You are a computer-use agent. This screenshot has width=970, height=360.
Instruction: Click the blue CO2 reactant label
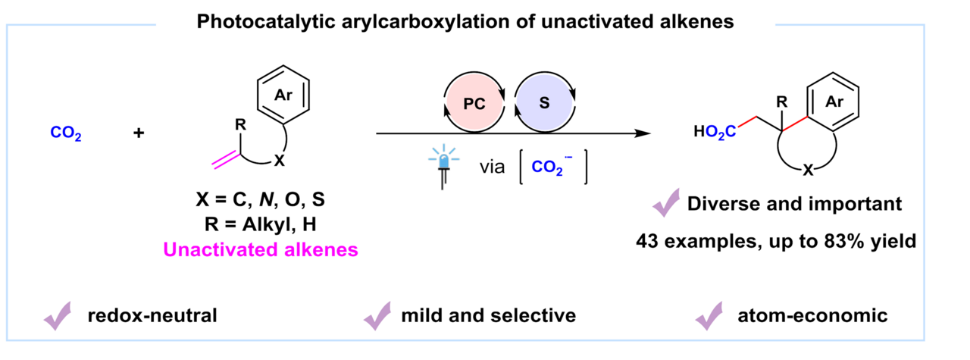66,133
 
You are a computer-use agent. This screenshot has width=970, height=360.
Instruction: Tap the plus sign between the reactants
139,133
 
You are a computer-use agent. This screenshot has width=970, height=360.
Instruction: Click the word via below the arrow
493,167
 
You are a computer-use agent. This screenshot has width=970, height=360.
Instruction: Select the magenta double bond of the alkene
224,158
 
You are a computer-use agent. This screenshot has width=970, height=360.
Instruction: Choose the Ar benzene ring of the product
834,102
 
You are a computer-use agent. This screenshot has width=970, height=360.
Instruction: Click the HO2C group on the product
714,133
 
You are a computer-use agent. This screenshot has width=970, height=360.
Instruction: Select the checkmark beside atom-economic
709,315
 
